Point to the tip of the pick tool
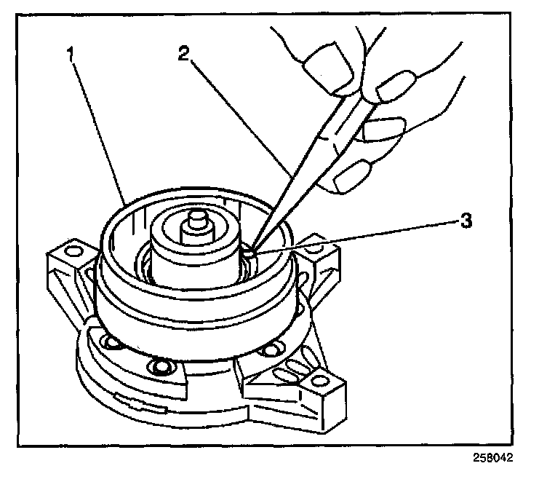click(x=250, y=250)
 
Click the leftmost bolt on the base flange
click(x=111, y=342)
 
